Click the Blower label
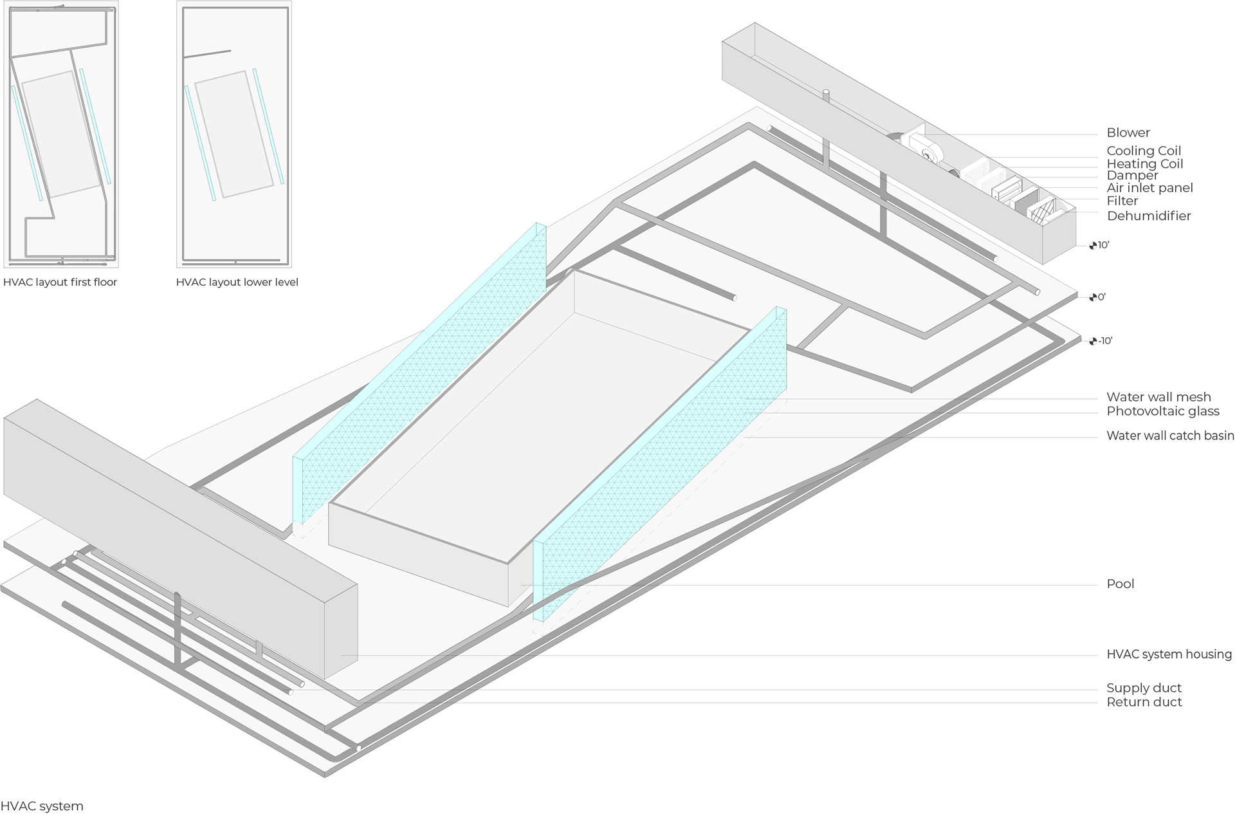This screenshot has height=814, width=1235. point(1128,133)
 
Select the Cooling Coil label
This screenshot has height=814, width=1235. point(1144,151)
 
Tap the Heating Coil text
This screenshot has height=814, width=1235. point(1144,163)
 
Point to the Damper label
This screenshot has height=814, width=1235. point(1132,175)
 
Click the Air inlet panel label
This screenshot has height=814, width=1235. point(1149,188)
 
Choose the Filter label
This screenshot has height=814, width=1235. point(1122,201)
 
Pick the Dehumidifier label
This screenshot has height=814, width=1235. point(1148,216)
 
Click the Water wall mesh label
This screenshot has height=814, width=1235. point(1158,397)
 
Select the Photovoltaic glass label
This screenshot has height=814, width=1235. point(1162,411)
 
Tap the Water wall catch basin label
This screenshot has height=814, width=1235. point(1169,436)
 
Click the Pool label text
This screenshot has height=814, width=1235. point(1120,584)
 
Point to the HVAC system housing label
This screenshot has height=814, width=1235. point(1169,654)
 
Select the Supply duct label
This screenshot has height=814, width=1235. point(1144,688)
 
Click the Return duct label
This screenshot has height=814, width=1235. point(1144,702)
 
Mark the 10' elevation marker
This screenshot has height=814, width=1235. point(1099,245)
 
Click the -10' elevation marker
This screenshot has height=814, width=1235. point(1101,341)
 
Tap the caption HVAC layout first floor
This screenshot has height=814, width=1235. point(60,282)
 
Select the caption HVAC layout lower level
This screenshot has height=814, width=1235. point(237,282)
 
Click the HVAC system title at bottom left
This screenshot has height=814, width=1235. point(42,806)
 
